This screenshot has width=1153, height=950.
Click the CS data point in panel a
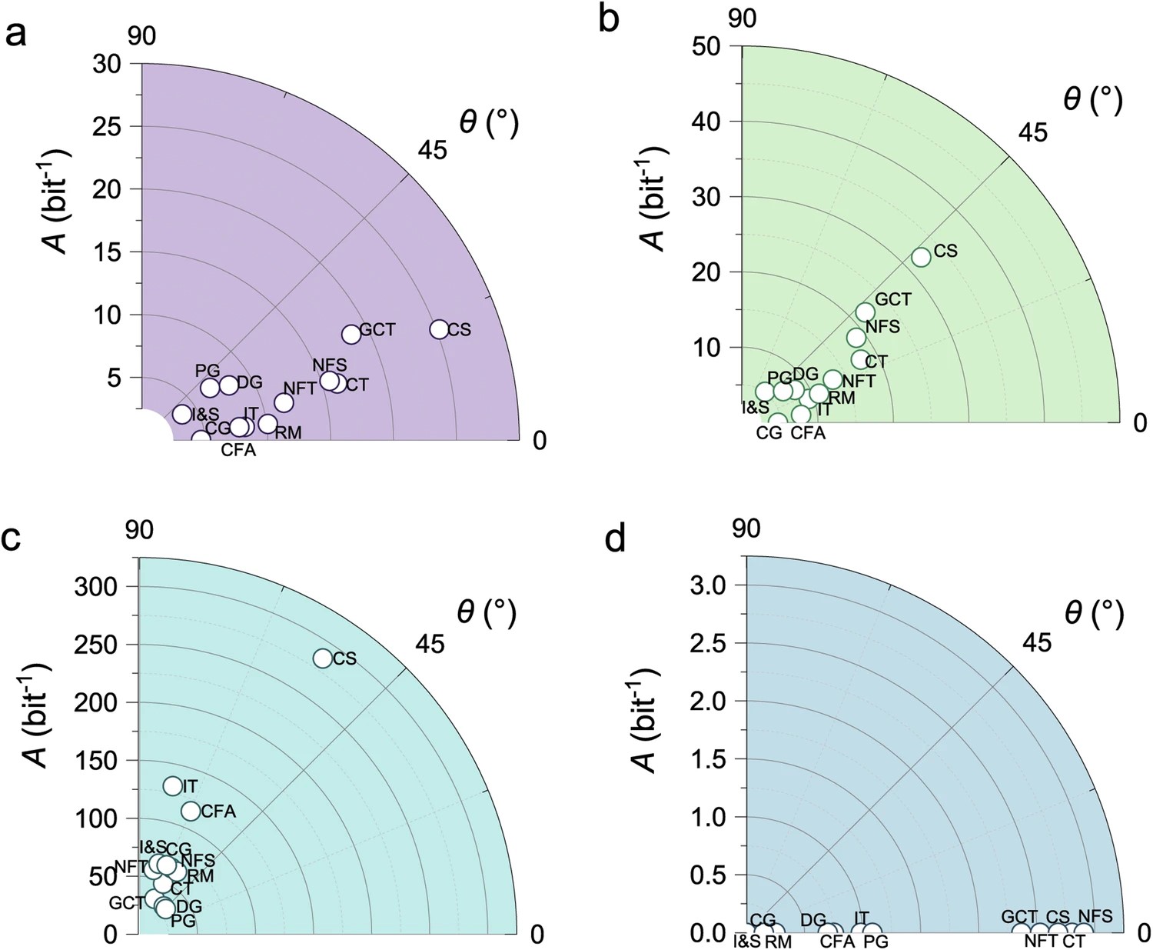[x=439, y=329]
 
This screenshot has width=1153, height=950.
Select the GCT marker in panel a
[x=351, y=334]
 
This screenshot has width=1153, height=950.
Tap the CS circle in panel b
[x=921, y=257]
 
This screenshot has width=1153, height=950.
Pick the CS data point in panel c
[x=323, y=658]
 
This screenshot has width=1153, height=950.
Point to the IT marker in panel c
[x=173, y=786]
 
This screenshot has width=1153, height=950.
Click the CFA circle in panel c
[x=191, y=811]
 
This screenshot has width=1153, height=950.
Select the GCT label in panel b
[x=893, y=299]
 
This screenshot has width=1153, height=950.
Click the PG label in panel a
[x=208, y=371]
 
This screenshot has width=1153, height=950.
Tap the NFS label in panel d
[x=1095, y=916]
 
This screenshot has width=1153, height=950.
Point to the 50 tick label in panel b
[x=706, y=47]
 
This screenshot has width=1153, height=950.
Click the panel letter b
[x=609, y=18]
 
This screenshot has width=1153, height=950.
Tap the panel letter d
[x=616, y=539]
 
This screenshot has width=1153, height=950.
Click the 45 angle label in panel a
[x=432, y=150]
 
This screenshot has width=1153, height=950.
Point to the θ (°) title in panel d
[x=1095, y=614]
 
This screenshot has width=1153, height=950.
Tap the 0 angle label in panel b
[x=1140, y=422]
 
